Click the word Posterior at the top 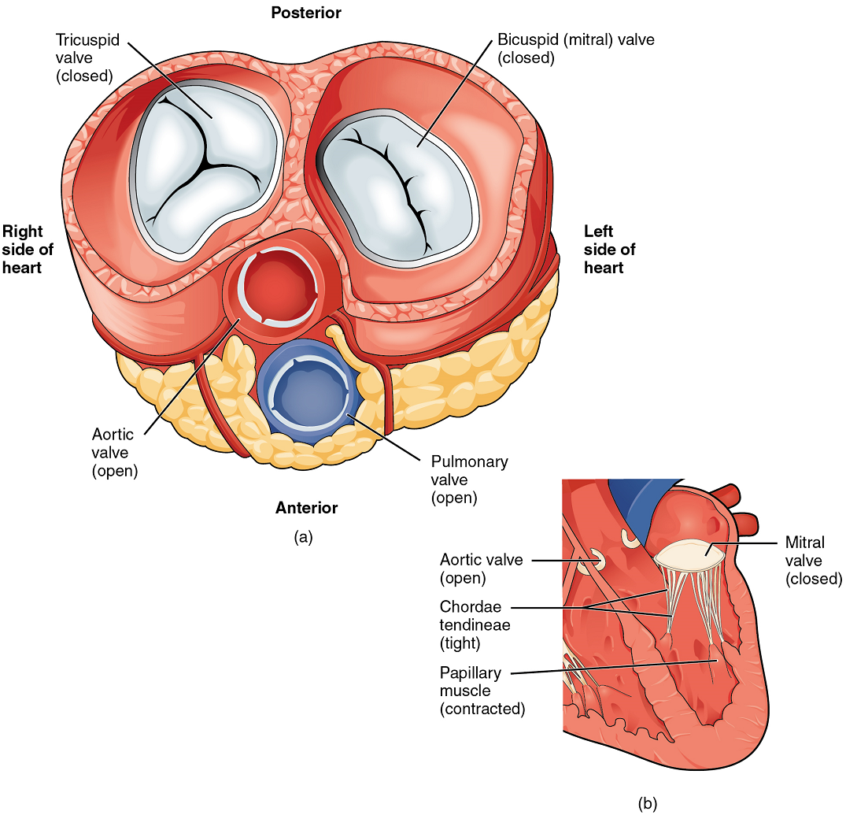click(306, 13)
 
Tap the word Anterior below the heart click(306, 508)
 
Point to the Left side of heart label click(609, 249)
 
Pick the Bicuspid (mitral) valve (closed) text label click(575, 48)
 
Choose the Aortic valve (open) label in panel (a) click(113, 452)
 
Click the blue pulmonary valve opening click(305, 391)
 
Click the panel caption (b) click(647, 803)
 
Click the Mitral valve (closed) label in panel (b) click(814, 561)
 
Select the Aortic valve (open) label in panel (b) click(481, 569)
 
